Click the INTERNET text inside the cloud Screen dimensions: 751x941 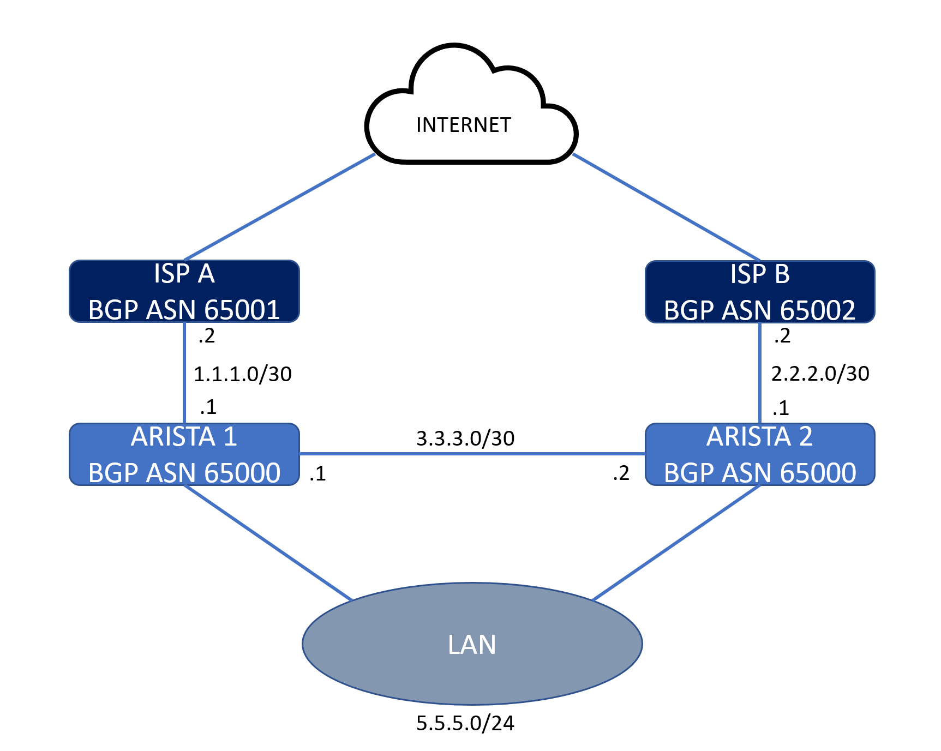click(463, 125)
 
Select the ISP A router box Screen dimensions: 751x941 click(184, 291)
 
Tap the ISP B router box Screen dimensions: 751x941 click(759, 292)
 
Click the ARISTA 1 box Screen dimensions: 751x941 click(184, 454)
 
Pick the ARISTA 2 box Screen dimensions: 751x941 click(759, 454)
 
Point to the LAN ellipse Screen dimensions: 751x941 click(472, 644)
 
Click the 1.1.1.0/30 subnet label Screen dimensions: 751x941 click(243, 374)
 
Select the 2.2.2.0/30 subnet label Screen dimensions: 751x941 click(820, 374)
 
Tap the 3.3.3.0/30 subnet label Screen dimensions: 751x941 click(465, 438)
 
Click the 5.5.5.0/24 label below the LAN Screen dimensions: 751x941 click(465, 723)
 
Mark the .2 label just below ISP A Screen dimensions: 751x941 click(207, 337)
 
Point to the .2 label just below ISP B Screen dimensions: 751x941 click(782, 336)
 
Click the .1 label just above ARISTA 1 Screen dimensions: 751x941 click(208, 407)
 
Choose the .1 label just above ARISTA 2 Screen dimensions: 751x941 click(781, 408)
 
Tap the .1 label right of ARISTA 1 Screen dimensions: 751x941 click(317, 474)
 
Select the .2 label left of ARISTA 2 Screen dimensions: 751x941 click(621, 473)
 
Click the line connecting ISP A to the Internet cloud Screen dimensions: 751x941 click(279, 207)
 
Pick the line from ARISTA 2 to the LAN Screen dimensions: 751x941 click(676, 543)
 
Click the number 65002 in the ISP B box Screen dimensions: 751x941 click(817, 310)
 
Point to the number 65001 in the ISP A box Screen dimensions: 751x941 click(242, 310)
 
